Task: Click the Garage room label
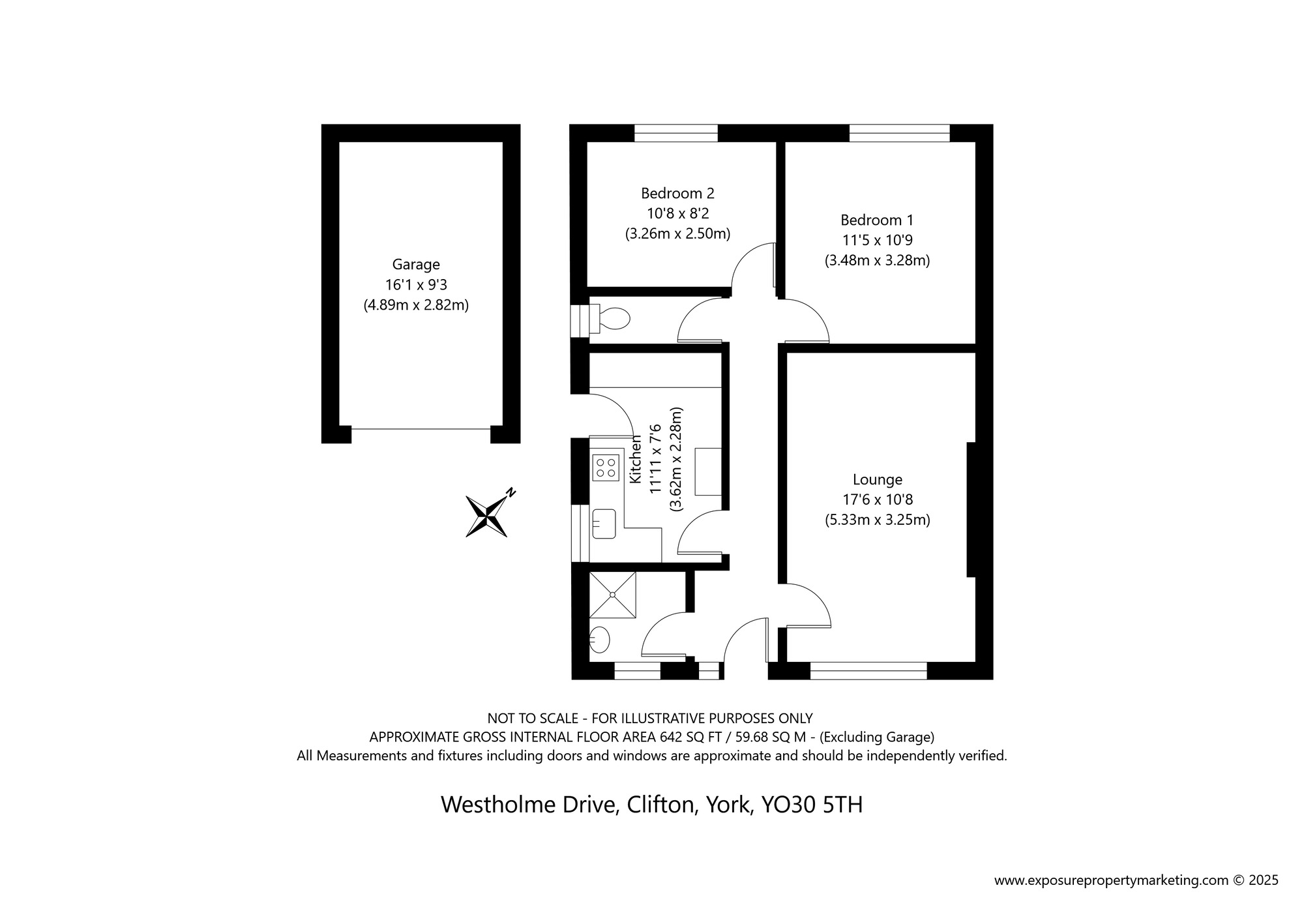coord(416,265)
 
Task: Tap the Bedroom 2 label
coord(677,194)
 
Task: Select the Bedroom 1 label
coord(877,220)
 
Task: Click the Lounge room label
coord(878,480)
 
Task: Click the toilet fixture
coord(609,319)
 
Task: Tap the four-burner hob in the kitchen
coord(606,468)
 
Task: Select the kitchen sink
coord(604,524)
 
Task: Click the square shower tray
coord(612,595)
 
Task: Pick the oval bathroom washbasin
coord(599,640)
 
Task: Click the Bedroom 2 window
coord(676,133)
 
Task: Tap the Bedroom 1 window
coord(900,133)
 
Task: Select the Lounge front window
coord(868,671)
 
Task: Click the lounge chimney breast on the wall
coord(971,509)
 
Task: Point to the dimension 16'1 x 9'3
coord(416,285)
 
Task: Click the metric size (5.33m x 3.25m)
coord(878,520)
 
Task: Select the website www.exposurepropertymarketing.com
coord(1111,880)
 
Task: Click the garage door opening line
coord(421,428)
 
